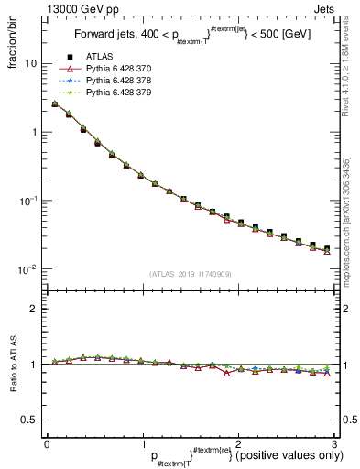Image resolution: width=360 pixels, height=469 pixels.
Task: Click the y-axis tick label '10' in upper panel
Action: point(31,64)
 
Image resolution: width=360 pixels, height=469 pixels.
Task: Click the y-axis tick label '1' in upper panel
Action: point(34,132)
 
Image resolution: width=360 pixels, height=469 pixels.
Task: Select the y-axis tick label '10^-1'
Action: point(28,201)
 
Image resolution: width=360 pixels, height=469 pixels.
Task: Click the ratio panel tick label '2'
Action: point(34,309)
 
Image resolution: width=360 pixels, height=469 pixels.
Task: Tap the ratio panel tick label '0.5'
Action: point(29,420)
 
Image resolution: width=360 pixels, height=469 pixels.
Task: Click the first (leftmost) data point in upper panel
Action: point(55,104)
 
